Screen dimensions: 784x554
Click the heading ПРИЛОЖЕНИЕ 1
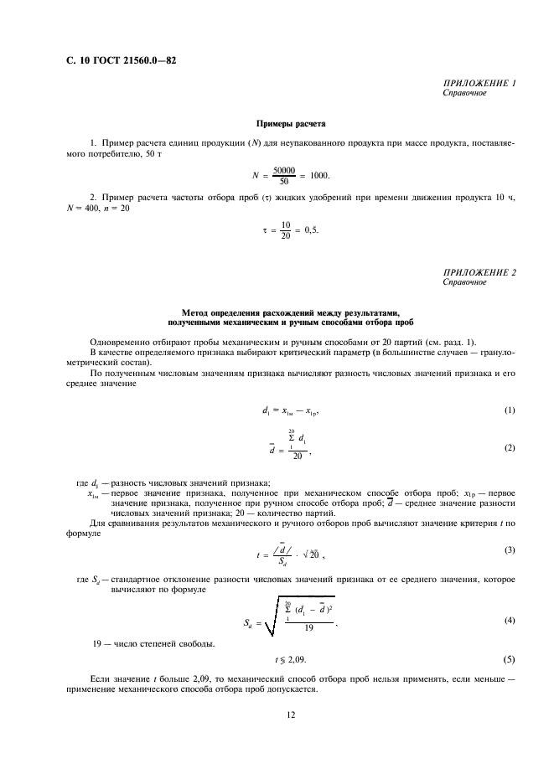click(x=479, y=83)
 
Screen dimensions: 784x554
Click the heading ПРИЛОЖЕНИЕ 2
click(x=479, y=274)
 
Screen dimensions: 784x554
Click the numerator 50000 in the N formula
click(x=285, y=169)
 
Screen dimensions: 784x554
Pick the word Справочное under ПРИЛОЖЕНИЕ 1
click(x=464, y=92)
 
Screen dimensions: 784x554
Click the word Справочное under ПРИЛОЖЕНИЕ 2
click(x=464, y=283)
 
